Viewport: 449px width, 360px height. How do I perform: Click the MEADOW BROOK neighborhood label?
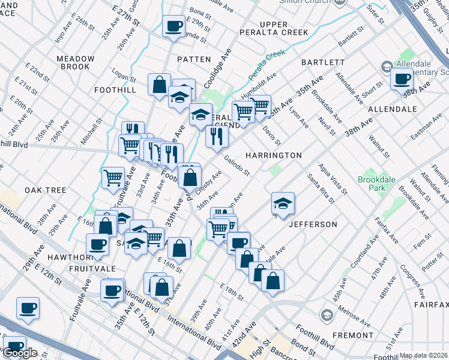(76, 62)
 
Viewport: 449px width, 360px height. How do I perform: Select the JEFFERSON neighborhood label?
(313, 224)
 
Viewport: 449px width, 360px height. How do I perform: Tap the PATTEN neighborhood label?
(194, 59)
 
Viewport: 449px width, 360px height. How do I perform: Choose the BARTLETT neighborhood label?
(323, 62)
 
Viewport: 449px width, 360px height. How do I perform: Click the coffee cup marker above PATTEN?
(174, 26)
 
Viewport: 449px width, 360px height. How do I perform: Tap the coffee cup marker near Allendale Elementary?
(402, 78)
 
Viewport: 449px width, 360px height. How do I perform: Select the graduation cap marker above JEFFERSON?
(283, 203)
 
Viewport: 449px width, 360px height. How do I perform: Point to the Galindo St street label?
(237, 164)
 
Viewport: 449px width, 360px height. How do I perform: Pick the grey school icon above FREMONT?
(327, 315)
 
